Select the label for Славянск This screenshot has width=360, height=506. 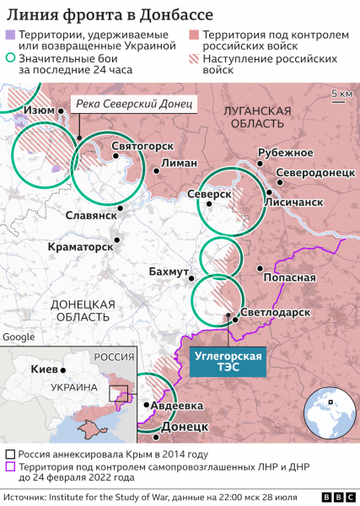click(90, 216)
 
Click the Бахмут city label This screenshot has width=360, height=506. click(169, 273)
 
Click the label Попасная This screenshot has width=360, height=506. click(289, 277)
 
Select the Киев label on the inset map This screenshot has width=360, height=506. click(42, 369)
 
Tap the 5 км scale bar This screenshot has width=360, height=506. click(341, 94)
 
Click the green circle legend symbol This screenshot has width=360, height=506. click(10, 60)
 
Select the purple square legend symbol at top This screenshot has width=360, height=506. click(10, 35)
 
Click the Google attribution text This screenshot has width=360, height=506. click(19, 336)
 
